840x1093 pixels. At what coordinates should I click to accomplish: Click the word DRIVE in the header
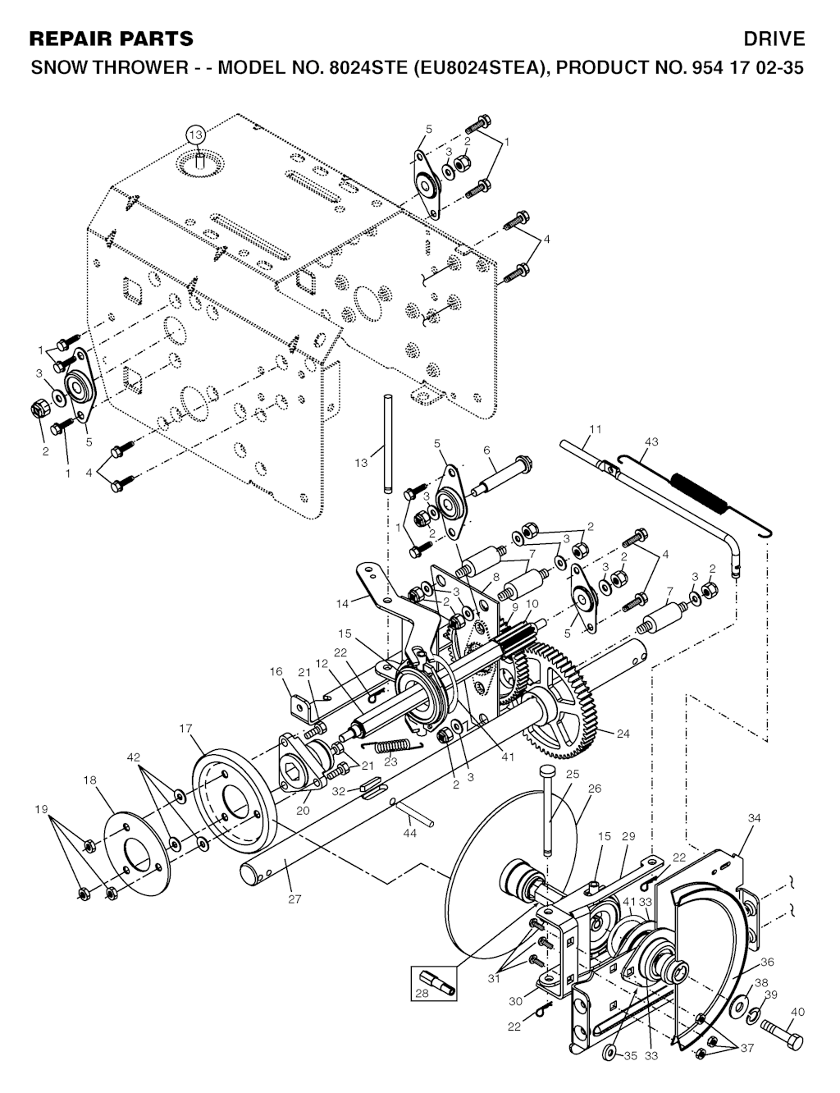coord(774,39)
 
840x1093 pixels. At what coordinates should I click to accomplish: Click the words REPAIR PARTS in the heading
coord(112,39)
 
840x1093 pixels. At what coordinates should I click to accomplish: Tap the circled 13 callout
coord(195,135)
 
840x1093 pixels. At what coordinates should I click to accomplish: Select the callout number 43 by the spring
coord(651,441)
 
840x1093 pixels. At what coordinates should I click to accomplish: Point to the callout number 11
coord(596,429)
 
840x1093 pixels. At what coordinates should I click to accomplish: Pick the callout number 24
coord(623,734)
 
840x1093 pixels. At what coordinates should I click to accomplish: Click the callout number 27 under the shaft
coord(294,899)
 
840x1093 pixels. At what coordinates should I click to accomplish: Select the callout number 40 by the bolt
coord(797,1013)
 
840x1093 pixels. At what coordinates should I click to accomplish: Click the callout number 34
coord(755,818)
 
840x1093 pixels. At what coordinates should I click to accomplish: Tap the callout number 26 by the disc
coord(594,789)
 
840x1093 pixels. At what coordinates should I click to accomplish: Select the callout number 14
coord(342,603)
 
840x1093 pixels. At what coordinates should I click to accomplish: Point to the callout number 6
coord(486,450)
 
